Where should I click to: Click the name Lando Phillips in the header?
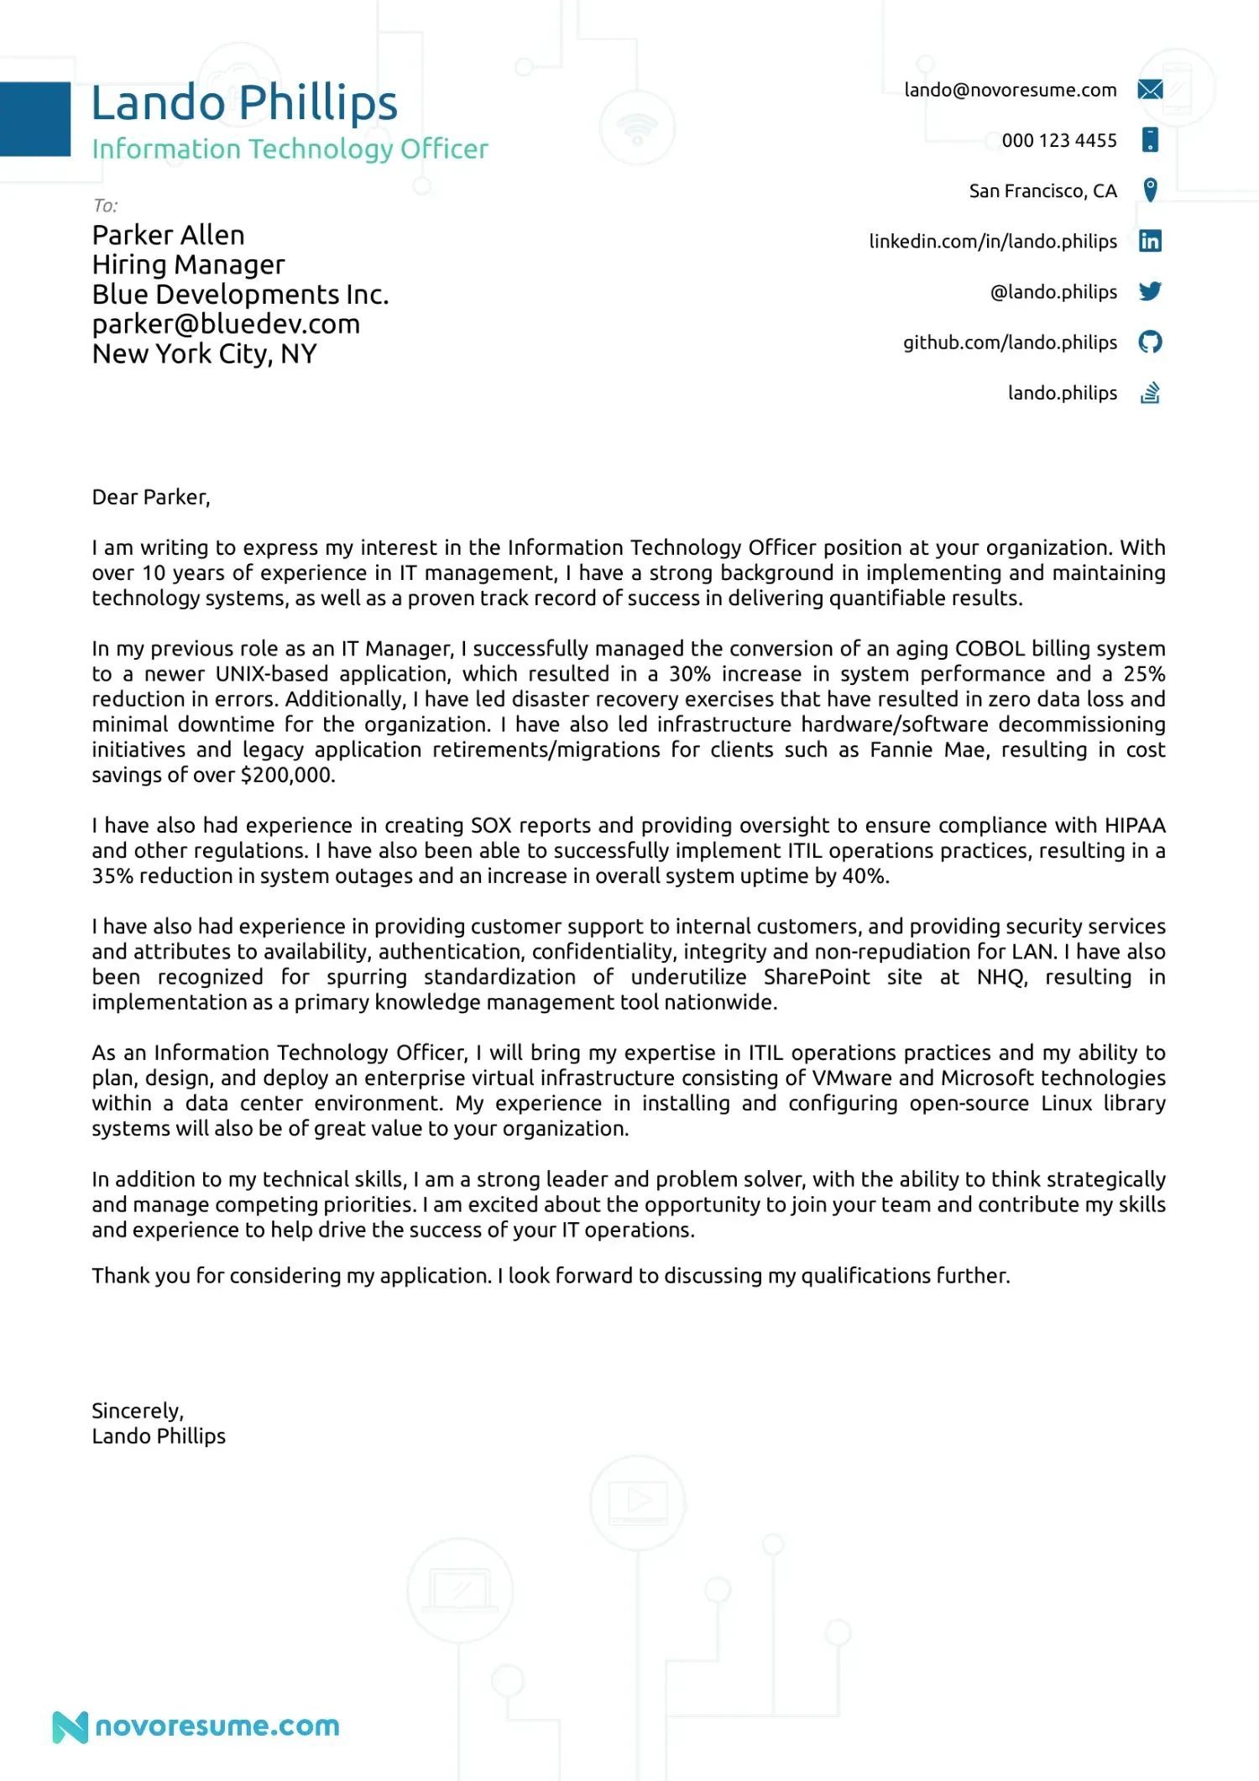click(x=243, y=103)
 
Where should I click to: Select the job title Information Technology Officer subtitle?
click(x=290, y=149)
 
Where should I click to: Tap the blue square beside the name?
click(x=35, y=119)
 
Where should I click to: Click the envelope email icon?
click(x=1150, y=90)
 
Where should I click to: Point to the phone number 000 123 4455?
click(x=1058, y=141)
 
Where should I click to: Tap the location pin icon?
click(x=1150, y=190)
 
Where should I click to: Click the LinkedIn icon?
click(x=1150, y=242)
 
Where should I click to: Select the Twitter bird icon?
click(x=1150, y=291)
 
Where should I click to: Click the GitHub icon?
click(x=1150, y=342)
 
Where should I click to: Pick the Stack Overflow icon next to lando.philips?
click(x=1150, y=393)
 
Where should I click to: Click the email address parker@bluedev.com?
click(x=226, y=325)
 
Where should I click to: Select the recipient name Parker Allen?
click(x=168, y=235)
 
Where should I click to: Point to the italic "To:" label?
click(x=105, y=206)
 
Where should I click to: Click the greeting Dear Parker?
click(x=151, y=498)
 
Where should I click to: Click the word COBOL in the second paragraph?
click(x=990, y=649)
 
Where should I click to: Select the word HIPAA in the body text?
click(x=1135, y=826)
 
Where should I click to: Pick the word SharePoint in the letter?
click(x=816, y=978)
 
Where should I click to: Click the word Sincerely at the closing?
click(x=137, y=1411)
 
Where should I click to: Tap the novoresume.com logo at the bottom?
click(x=196, y=1726)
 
